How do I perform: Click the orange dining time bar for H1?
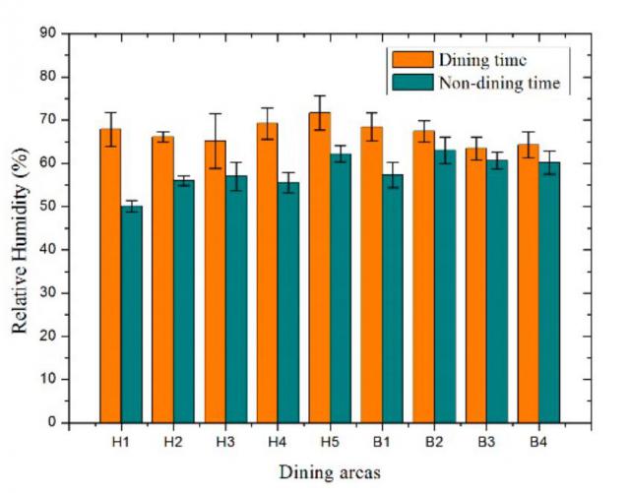tap(110, 276)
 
